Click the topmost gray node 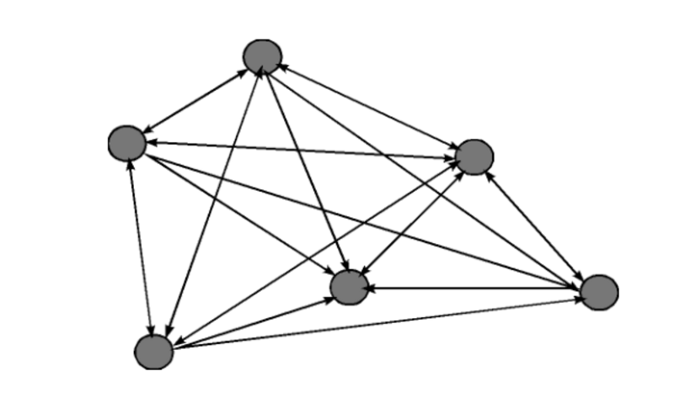click(x=262, y=56)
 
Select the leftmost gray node click(x=127, y=143)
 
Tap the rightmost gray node click(x=600, y=292)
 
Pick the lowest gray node click(x=154, y=352)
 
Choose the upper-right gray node click(x=474, y=156)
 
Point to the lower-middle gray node click(x=349, y=288)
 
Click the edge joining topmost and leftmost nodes click(x=195, y=100)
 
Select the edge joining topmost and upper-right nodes click(x=368, y=106)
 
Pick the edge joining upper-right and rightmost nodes click(x=536, y=223)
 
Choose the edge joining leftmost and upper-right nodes click(x=301, y=150)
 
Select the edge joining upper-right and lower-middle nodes click(x=411, y=222)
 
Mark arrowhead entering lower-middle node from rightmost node click(x=372, y=289)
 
